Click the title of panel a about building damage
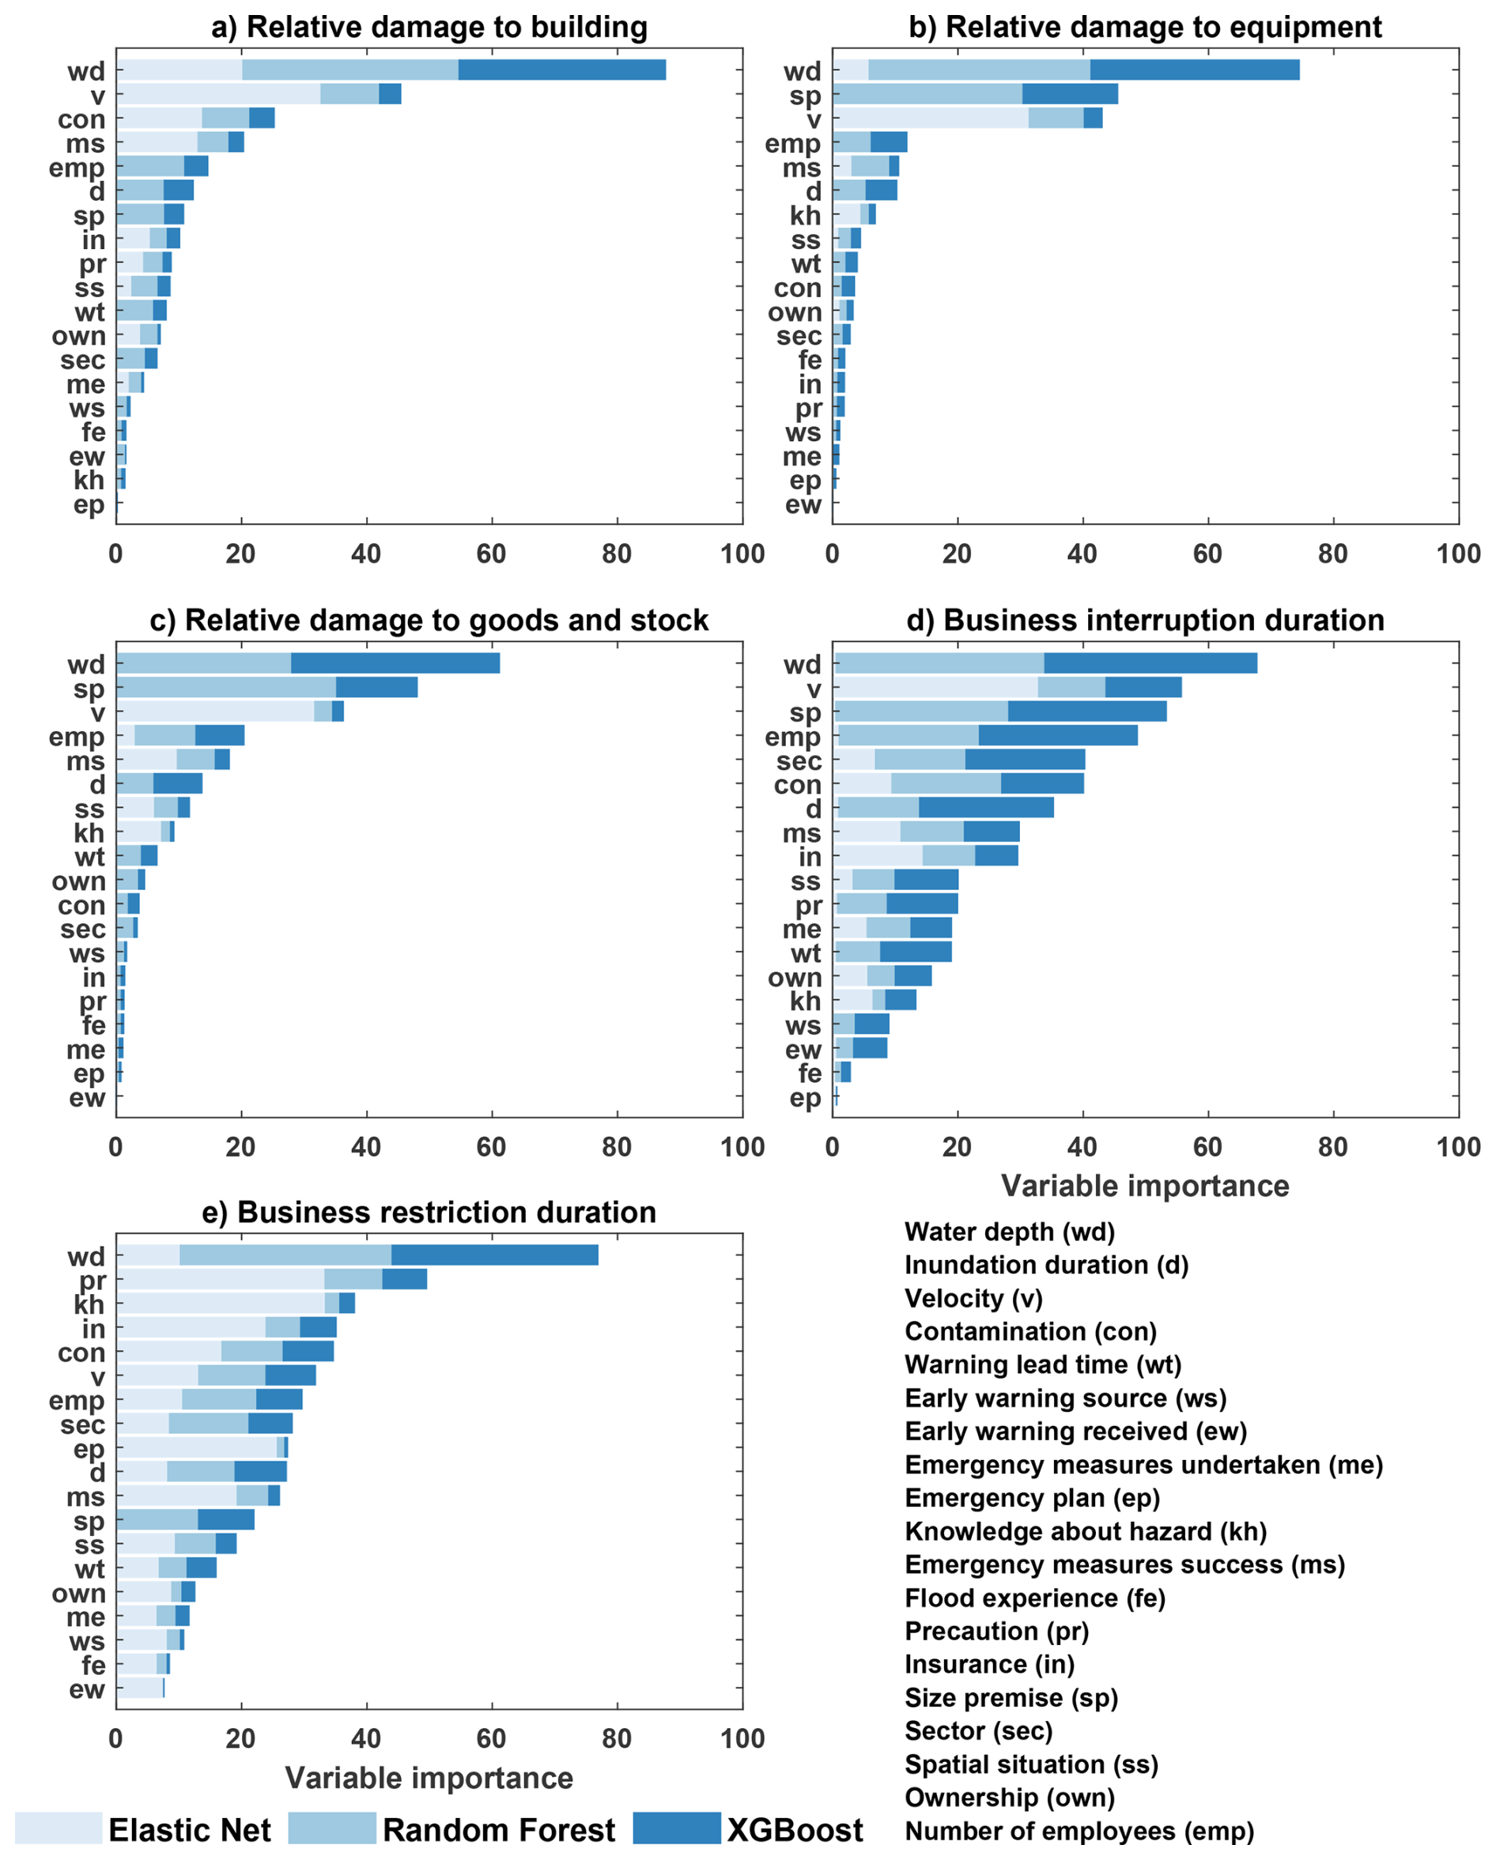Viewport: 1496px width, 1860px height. [429, 28]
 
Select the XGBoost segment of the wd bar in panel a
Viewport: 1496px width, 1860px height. [561, 70]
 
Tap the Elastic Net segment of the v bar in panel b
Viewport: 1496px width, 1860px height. [930, 119]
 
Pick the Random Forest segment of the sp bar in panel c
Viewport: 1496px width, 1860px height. [226, 688]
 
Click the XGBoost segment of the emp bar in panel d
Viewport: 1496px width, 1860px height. [1058, 735]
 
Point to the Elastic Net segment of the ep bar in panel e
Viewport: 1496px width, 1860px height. [196, 1448]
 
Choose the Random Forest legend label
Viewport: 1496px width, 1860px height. [499, 1829]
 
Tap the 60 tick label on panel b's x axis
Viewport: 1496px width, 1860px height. [1207, 554]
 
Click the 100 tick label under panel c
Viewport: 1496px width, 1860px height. [742, 1148]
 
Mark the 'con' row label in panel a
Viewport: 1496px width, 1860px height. [81, 119]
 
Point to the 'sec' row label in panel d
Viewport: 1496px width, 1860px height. [798, 761]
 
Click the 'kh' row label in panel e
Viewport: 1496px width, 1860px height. [89, 1304]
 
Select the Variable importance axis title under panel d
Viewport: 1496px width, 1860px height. [1145, 1187]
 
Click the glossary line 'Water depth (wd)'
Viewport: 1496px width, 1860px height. [1010, 1232]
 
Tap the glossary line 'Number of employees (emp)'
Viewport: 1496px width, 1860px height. [1079, 1831]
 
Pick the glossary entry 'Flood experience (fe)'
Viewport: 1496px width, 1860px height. [1035, 1598]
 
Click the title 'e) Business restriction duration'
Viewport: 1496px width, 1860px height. [429, 1213]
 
